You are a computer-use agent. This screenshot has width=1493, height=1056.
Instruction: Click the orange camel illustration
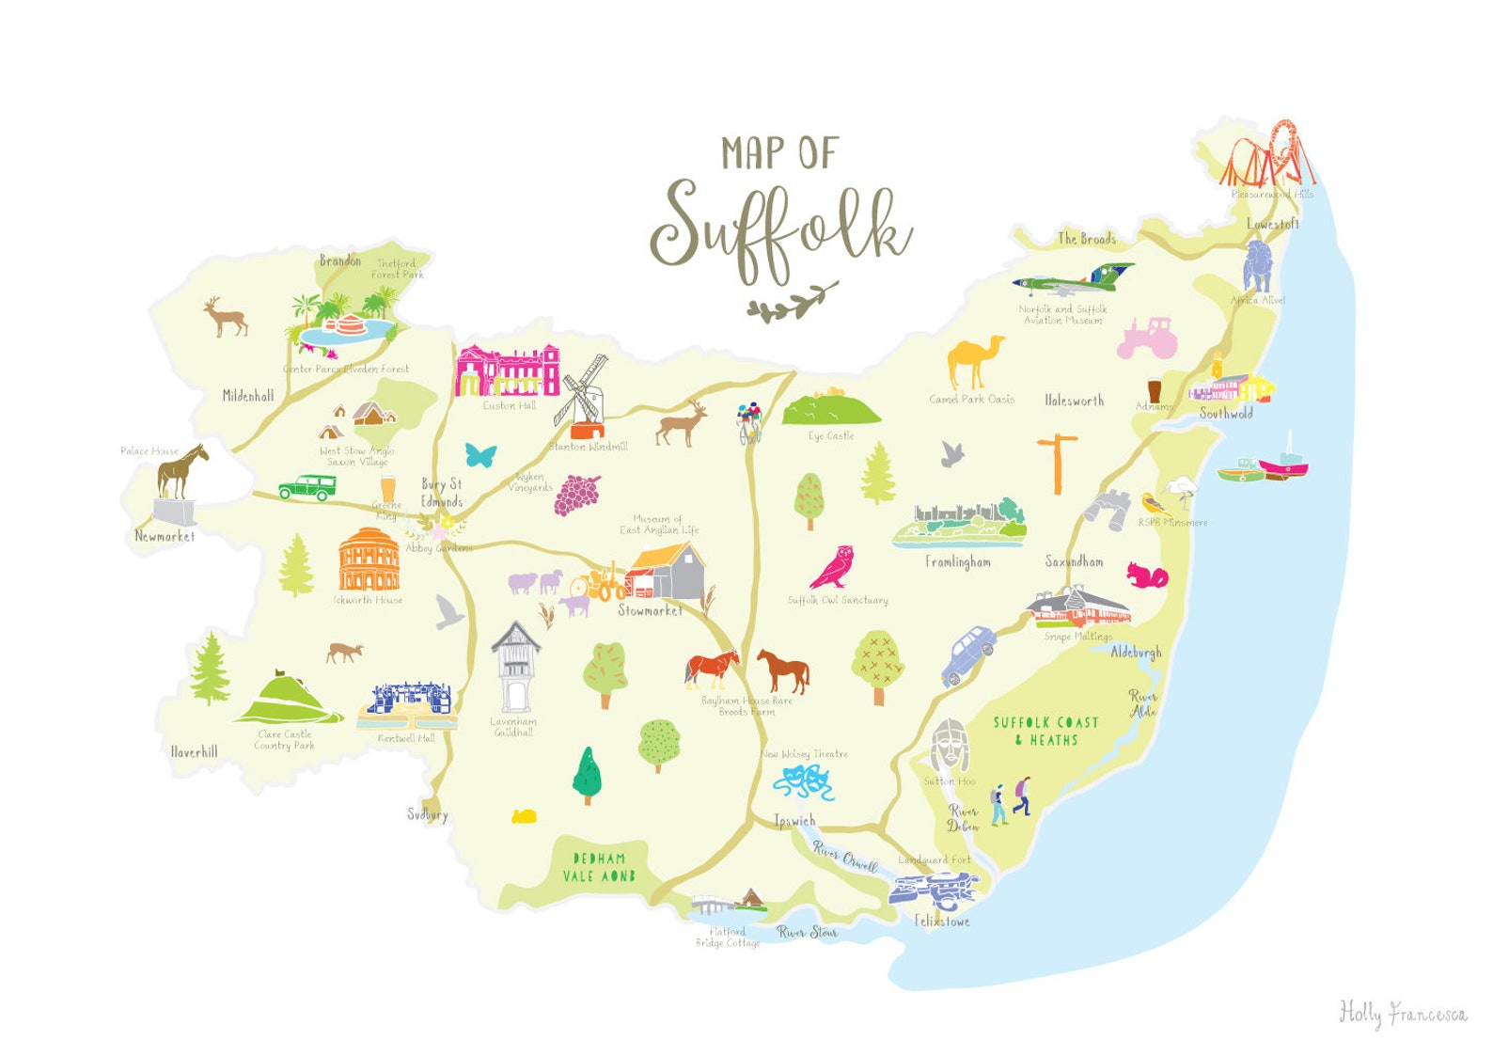coord(974,363)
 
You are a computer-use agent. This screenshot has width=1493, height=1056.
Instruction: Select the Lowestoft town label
coord(1272,224)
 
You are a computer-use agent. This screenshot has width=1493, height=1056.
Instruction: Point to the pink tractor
coord(1146,339)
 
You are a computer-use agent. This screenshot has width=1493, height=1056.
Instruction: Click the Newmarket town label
coord(165,536)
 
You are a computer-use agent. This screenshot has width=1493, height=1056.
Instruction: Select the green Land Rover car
coord(307,487)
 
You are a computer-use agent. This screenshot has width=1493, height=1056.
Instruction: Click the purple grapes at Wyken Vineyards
coord(577,495)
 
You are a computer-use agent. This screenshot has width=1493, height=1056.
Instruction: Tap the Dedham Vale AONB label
coord(599,867)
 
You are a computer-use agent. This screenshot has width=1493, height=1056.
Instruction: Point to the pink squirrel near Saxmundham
coord(1147,575)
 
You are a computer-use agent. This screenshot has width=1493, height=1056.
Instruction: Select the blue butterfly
coord(480,456)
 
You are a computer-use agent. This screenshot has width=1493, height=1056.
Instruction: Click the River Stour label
coord(807,932)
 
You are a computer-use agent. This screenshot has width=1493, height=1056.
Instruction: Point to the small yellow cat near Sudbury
coord(524,816)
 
